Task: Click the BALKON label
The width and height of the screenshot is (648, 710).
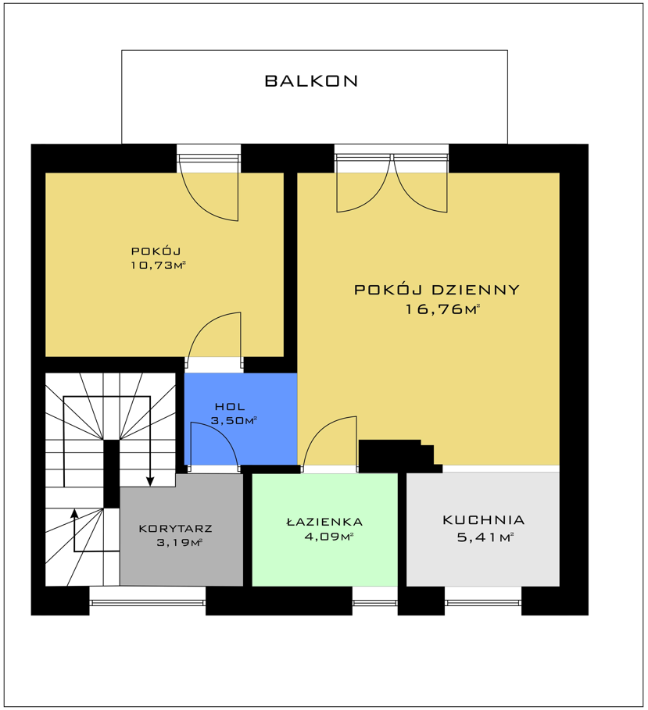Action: pyautogui.click(x=311, y=81)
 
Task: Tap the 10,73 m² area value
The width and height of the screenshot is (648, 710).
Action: pyautogui.click(x=159, y=266)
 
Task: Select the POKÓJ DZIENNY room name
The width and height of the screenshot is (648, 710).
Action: pyautogui.click(x=437, y=289)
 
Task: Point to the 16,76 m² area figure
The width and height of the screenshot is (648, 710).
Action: pyautogui.click(x=442, y=309)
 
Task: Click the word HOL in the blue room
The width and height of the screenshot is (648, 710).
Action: pyautogui.click(x=230, y=407)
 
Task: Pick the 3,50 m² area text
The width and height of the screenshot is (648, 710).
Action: pyautogui.click(x=234, y=421)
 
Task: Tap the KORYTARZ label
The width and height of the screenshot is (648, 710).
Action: pyautogui.click(x=175, y=529)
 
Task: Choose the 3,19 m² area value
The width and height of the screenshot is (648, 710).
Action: pyautogui.click(x=179, y=543)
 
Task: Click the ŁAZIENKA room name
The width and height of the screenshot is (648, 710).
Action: pyautogui.click(x=325, y=522)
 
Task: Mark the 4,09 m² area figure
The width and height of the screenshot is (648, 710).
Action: pyautogui.click(x=328, y=537)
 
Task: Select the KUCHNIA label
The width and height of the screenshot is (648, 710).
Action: pyautogui.click(x=484, y=520)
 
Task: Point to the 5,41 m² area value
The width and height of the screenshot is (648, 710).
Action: pyautogui.click(x=485, y=537)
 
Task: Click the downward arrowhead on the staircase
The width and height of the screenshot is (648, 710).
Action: pyautogui.click(x=150, y=482)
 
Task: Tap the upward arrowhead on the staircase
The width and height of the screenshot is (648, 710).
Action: pyautogui.click(x=74, y=513)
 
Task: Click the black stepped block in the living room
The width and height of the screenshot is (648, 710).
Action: pyautogui.click(x=400, y=456)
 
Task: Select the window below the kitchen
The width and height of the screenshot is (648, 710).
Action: pyautogui.click(x=483, y=602)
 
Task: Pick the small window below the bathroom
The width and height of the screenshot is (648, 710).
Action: pyautogui.click(x=374, y=602)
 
